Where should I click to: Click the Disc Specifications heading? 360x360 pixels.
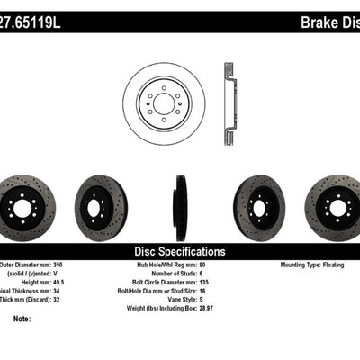pyautogui.click(x=179, y=251)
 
